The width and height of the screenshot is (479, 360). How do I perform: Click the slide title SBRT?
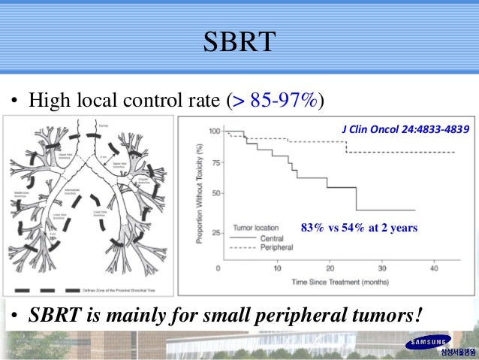(x=239, y=42)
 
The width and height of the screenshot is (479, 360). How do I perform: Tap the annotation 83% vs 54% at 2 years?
(x=358, y=227)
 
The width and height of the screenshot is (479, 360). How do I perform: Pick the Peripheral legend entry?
(x=276, y=247)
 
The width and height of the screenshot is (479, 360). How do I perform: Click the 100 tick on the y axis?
(x=214, y=132)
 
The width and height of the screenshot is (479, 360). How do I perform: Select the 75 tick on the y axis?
(x=215, y=162)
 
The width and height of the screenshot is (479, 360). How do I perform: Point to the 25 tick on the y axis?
(x=215, y=234)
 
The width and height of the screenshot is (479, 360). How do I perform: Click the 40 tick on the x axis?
(x=435, y=268)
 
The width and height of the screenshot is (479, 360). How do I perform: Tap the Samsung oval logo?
(x=429, y=343)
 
